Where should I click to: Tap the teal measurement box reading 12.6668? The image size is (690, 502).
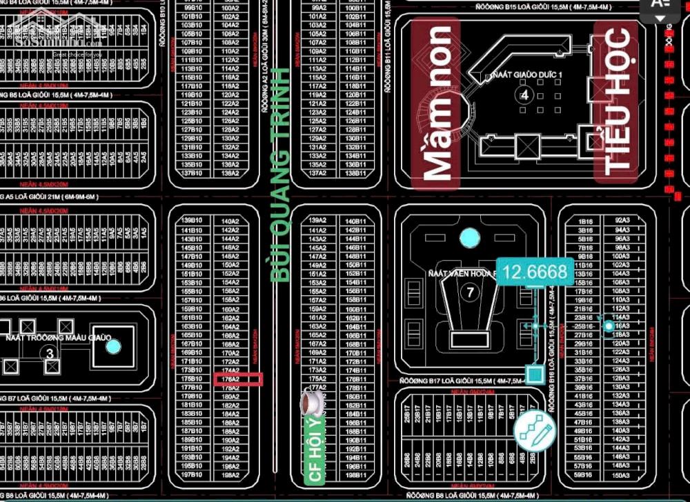pyautogui.click(x=535, y=272)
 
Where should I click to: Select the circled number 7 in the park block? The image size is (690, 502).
pyautogui.click(x=471, y=292)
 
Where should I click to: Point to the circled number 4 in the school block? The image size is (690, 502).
pyautogui.click(x=524, y=95)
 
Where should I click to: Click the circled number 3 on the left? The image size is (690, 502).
pyautogui.click(x=49, y=352)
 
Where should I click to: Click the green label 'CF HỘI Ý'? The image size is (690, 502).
pyautogui.click(x=315, y=448)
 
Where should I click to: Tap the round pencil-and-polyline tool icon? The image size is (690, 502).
pyautogui.click(x=534, y=432)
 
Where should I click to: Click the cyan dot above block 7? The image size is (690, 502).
pyautogui.click(x=469, y=239)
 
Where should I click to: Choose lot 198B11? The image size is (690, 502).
pyautogui.click(x=355, y=475)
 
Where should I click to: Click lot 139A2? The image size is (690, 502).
pyautogui.click(x=317, y=220)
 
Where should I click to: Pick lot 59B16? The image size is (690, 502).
pyautogui.click(x=584, y=475)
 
